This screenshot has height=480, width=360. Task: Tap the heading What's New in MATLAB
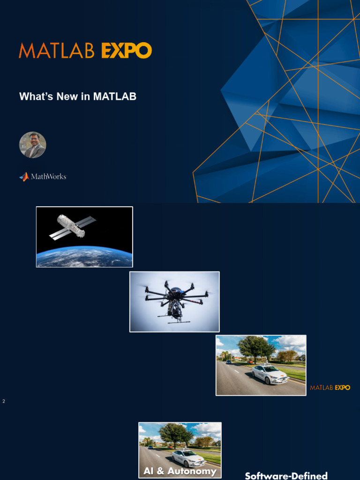click(78, 97)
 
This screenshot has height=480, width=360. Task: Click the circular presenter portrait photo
click(33, 145)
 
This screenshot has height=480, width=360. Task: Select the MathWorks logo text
click(48, 177)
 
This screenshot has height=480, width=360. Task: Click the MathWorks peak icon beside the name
click(24, 177)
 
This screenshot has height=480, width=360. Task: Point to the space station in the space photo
click(71, 226)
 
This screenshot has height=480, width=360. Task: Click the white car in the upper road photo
click(270, 374)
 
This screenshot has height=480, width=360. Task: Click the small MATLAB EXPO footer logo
click(330, 388)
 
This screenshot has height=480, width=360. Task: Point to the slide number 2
click(4, 401)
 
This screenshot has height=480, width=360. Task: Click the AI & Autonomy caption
click(180, 471)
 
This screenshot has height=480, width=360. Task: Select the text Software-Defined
click(286, 476)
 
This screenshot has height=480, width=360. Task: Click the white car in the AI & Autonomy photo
click(188, 458)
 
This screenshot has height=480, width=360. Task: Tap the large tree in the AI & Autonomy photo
click(176, 434)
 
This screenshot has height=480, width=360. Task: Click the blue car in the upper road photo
click(229, 362)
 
